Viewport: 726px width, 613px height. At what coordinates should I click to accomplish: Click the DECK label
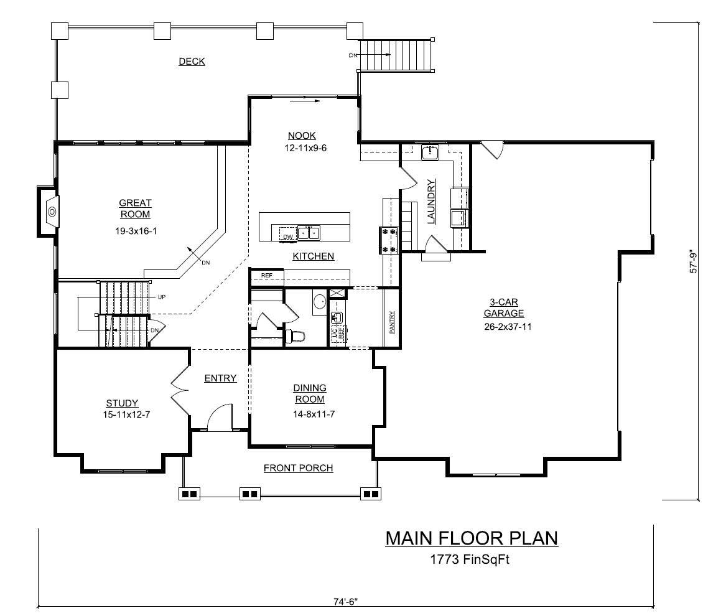pyautogui.click(x=192, y=62)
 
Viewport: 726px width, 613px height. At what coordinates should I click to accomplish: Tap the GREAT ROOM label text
pyautogui.click(x=135, y=208)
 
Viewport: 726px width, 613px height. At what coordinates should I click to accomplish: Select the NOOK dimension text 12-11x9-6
pyautogui.click(x=302, y=148)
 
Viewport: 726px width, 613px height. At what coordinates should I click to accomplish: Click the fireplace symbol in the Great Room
pyautogui.click(x=52, y=212)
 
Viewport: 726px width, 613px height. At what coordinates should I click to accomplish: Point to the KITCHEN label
pyautogui.click(x=314, y=256)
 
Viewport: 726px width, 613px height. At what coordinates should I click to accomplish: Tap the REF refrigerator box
pyautogui.click(x=267, y=275)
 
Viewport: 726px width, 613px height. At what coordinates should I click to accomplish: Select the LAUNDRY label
pyautogui.click(x=430, y=201)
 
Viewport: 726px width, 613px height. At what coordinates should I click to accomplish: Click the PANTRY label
pyautogui.click(x=392, y=323)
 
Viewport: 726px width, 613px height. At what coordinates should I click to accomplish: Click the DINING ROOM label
pyautogui.click(x=309, y=393)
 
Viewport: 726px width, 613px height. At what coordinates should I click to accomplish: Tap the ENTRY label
pyautogui.click(x=220, y=378)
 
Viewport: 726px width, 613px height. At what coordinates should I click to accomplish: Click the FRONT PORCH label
pyautogui.click(x=298, y=468)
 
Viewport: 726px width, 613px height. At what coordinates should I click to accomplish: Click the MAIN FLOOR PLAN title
pyautogui.click(x=471, y=538)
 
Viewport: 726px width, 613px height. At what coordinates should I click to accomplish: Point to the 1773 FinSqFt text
pyautogui.click(x=470, y=559)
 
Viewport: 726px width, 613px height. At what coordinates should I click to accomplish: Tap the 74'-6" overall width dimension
pyautogui.click(x=345, y=602)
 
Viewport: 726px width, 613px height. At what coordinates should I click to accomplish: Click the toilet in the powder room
pyautogui.click(x=296, y=337)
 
